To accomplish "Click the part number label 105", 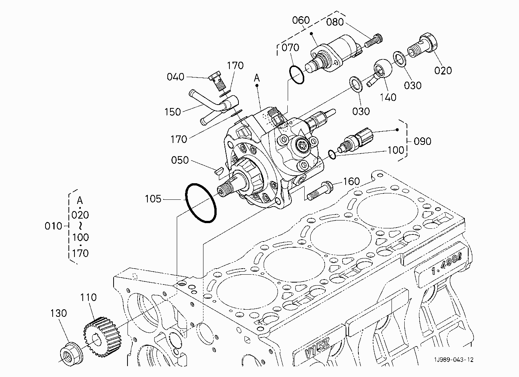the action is pos(153,199).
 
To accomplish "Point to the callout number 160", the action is pos(351,181).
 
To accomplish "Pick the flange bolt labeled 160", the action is pos(320,191).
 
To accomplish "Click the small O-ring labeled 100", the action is pos(332,155).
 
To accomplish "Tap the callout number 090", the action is pos(422,141).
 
